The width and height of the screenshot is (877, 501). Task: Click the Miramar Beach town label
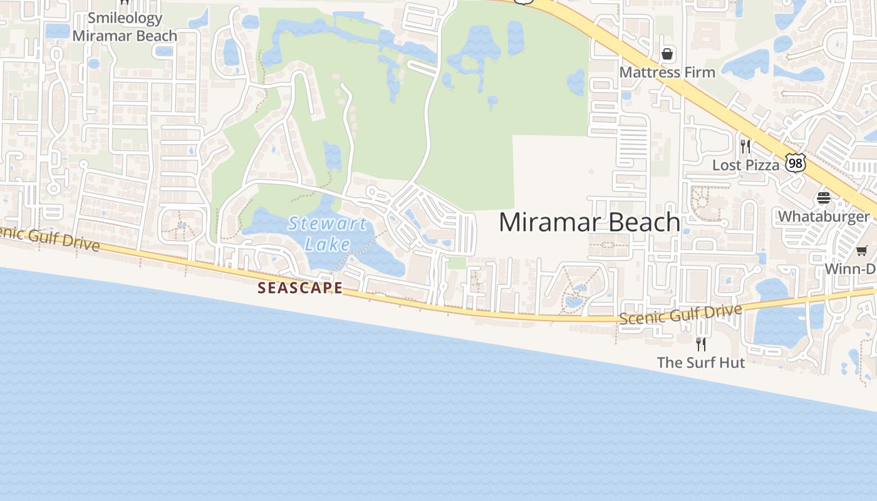(x=589, y=222)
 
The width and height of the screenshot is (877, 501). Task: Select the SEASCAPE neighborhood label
(x=301, y=288)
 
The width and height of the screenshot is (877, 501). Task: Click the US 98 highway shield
(x=796, y=163)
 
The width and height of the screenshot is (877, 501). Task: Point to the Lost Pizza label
(x=745, y=165)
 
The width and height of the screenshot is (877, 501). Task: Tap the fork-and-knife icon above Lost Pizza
(x=745, y=147)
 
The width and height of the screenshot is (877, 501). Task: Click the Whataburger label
(x=823, y=217)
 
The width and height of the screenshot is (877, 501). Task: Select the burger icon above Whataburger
(x=823, y=199)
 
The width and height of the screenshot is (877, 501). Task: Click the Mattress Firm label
(x=667, y=73)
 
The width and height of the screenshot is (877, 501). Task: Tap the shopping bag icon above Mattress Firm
(x=668, y=54)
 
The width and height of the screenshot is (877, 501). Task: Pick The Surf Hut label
(x=701, y=363)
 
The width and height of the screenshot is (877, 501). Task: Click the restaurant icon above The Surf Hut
(x=701, y=344)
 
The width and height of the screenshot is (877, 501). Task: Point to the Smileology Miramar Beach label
(x=125, y=27)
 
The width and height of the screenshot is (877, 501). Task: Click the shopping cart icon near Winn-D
(x=862, y=251)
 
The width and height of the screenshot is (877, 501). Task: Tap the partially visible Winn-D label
(x=850, y=269)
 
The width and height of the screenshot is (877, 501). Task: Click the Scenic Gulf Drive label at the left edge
(x=50, y=238)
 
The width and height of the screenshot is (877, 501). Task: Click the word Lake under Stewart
(x=327, y=243)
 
